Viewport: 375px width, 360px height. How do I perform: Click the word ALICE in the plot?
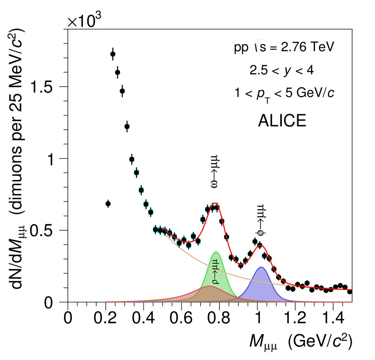[282, 121]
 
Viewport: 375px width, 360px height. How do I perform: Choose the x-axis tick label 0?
[68, 317]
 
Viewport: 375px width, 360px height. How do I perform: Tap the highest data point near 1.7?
[112, 54]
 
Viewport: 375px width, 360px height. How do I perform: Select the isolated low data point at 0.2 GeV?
[108, 204]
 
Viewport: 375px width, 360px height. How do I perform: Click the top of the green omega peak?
[216, 252]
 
